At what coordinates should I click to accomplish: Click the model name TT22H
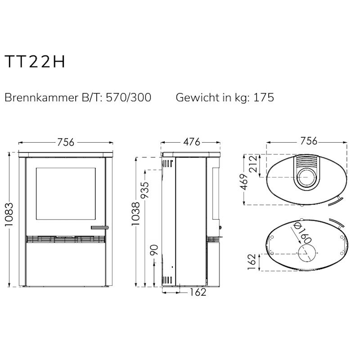tap(35, 62)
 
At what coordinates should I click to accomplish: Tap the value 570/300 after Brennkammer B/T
tap(129, 97)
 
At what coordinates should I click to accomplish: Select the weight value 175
tap(264, 97)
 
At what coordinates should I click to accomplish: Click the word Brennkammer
tap(41, 97)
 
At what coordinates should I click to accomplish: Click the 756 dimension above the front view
tap(66, 142)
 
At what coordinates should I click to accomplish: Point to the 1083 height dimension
tap(9, 215)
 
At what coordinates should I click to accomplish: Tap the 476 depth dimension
tap(192, 142)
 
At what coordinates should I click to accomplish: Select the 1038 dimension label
tap(136, 214)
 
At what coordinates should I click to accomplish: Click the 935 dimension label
tap(145, 190)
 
